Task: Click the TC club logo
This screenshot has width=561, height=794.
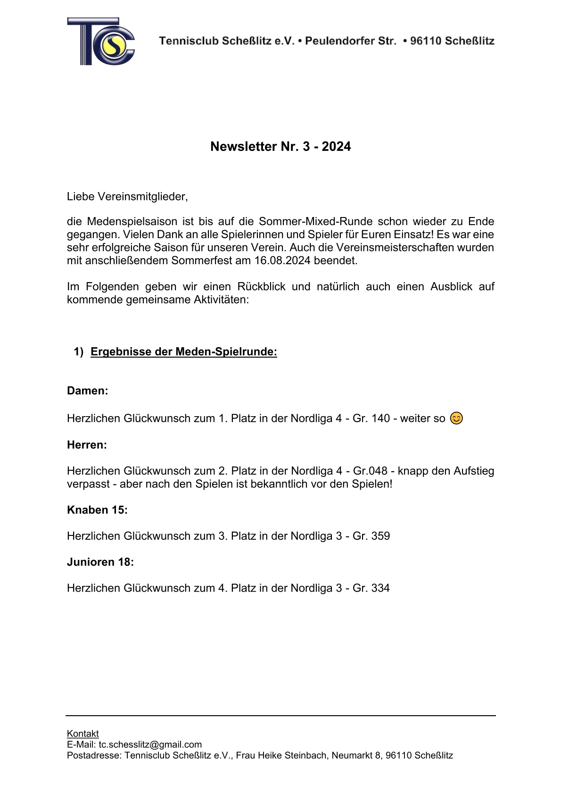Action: [x=101, y=42]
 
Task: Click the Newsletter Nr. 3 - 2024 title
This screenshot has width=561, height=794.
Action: [x=280, y=147]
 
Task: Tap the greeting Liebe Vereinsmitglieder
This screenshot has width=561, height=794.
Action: [x=127, y=197]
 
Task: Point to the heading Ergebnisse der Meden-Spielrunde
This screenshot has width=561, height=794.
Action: [x=183, y=352]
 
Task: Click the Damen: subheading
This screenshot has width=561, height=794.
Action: [x=87, y=391]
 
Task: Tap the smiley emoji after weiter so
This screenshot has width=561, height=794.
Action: [x=456, y=418]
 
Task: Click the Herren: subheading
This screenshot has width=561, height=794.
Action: [x=87, y=445]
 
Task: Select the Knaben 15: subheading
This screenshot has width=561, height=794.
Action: [x=97, y=510]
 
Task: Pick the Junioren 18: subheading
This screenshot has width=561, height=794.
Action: [x=100, y=562]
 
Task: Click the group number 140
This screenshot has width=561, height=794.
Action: [x=380, y=418]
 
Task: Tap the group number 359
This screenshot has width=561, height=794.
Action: [x=380, y=536]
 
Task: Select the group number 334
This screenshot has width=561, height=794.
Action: [x=380, y=588]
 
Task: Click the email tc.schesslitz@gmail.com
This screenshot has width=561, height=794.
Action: [x=150, y=744]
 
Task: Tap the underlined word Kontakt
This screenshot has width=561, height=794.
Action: [x=83, y=734]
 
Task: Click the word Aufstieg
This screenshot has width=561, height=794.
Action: [x=474, y=471]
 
